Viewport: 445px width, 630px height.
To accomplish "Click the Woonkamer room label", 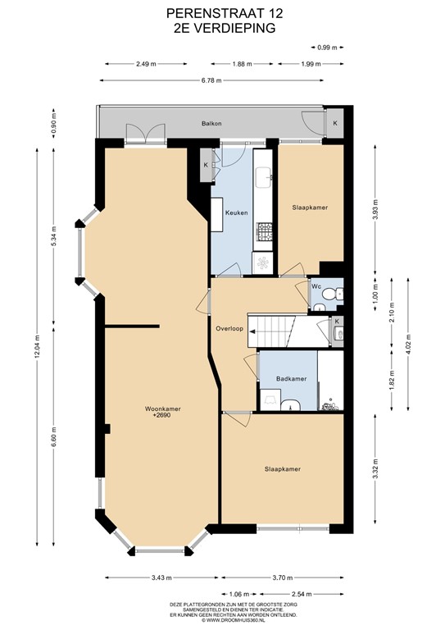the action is click(162, 409).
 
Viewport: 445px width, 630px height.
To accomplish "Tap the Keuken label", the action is click(236, 213).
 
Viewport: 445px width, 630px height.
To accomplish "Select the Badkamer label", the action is click(291, 379).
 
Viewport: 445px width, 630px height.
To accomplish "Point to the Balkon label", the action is click(211, 123).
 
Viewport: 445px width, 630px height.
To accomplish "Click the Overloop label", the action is click(229, 329).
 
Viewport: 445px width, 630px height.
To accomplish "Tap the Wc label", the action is click(316, 286).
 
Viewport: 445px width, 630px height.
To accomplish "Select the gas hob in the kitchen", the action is click(264, 232).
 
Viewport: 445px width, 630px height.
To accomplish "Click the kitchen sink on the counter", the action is click(264, 177).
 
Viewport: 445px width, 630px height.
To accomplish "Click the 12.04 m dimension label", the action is click(38, 346).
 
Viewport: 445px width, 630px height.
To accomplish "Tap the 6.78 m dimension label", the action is click(211, 80).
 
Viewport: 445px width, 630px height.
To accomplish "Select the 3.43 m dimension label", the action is click(161, 577).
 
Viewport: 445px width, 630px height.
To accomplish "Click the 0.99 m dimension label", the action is click(327, 48).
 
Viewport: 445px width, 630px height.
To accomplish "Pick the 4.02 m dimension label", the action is click(408, 344).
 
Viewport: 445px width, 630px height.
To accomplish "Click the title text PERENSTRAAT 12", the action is click(225, 14).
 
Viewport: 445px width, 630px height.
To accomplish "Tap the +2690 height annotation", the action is click(162, 415).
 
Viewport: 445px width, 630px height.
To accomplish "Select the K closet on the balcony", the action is click(334, 123).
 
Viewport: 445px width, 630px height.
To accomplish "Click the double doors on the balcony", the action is click(145, 133).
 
